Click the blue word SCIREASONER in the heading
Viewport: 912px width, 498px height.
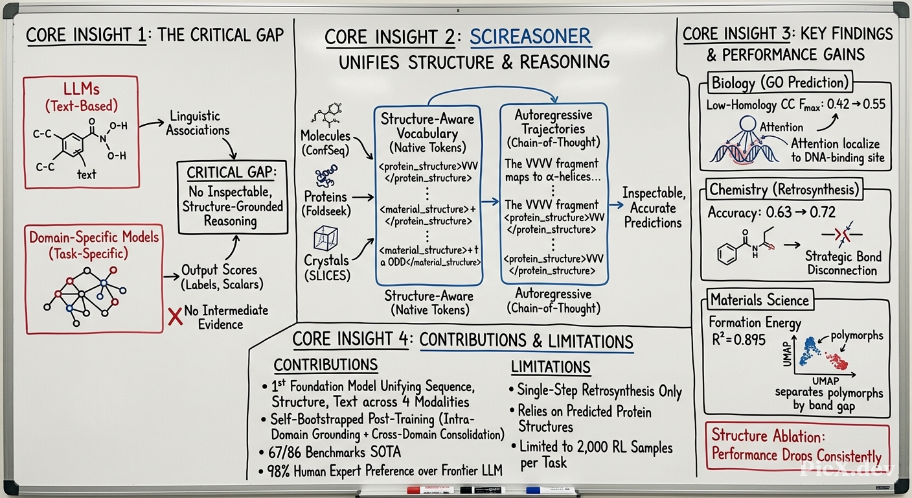[x=530, y=37]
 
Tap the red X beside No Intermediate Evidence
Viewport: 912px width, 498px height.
[x=176, y=316]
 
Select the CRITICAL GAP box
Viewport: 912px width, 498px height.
[x=233, y=197]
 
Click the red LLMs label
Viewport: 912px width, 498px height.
[x=82, y=89]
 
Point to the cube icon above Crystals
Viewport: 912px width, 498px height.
[x=325, y=239]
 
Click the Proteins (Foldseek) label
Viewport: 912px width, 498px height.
[x=326, y=204]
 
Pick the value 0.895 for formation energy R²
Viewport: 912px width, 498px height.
[x=749, y=340]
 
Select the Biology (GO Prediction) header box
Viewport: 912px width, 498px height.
[x=780, y=83]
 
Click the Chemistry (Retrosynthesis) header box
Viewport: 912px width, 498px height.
[x=784, y=189]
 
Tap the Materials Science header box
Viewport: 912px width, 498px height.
[x=760, y=300]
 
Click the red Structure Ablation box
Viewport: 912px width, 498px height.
[x=797, y=445]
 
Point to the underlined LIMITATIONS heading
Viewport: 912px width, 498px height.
[x=551, y=367]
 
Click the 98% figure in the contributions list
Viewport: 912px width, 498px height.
[x=279, y=471]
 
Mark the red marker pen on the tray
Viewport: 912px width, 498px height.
[x=430, y=490]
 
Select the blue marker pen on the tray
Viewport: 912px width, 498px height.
[x=550, y=490]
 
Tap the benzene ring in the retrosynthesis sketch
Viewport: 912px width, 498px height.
[x=727, y=254]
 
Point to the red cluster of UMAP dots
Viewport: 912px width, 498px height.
[x=836, y=361]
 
